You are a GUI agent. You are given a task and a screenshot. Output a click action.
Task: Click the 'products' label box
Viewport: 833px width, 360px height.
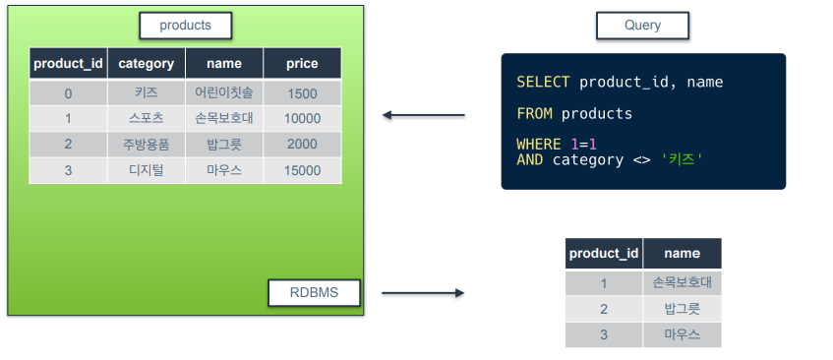point(186,26)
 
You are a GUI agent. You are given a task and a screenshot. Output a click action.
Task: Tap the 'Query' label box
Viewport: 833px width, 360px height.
point(642,26)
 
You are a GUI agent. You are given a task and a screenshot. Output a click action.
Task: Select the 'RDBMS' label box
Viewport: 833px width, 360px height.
point(314,292)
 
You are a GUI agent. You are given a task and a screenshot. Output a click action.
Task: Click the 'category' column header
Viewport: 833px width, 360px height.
point(147,64)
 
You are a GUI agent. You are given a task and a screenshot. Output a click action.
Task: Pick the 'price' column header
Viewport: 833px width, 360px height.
point(302,64)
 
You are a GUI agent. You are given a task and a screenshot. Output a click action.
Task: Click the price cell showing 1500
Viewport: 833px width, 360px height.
point(302,93)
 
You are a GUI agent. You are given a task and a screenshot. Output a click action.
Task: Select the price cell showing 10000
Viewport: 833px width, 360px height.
point(302,118)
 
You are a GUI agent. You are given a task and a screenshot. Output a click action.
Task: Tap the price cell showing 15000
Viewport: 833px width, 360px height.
point(302,170)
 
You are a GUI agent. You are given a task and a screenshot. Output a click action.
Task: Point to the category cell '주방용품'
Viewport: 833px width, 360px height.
point(147,145)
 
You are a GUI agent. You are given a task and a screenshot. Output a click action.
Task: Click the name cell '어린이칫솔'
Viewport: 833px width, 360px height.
point(224,93)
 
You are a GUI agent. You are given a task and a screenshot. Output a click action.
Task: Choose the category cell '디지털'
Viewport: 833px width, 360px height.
point(147,170)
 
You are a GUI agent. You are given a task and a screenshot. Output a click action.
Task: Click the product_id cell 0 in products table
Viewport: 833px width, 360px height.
point(68,93)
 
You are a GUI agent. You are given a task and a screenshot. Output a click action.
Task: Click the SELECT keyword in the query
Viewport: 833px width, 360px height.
point(543,83)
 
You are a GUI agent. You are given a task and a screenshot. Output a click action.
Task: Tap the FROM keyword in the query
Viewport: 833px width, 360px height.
point(534,114)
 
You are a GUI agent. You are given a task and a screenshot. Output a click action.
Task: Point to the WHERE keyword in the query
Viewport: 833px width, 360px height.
point(539,145)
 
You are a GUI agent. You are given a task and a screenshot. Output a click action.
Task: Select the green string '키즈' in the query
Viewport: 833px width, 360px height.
point(682,159)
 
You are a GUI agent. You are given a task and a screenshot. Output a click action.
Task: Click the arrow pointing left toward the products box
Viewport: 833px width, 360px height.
point(424,115)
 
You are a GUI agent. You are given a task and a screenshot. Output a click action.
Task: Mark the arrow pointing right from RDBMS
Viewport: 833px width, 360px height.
point(423,293)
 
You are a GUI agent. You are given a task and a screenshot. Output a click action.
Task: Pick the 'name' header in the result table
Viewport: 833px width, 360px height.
point(683,254)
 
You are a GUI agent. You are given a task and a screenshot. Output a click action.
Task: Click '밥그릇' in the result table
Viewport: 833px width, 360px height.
point(683,309)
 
